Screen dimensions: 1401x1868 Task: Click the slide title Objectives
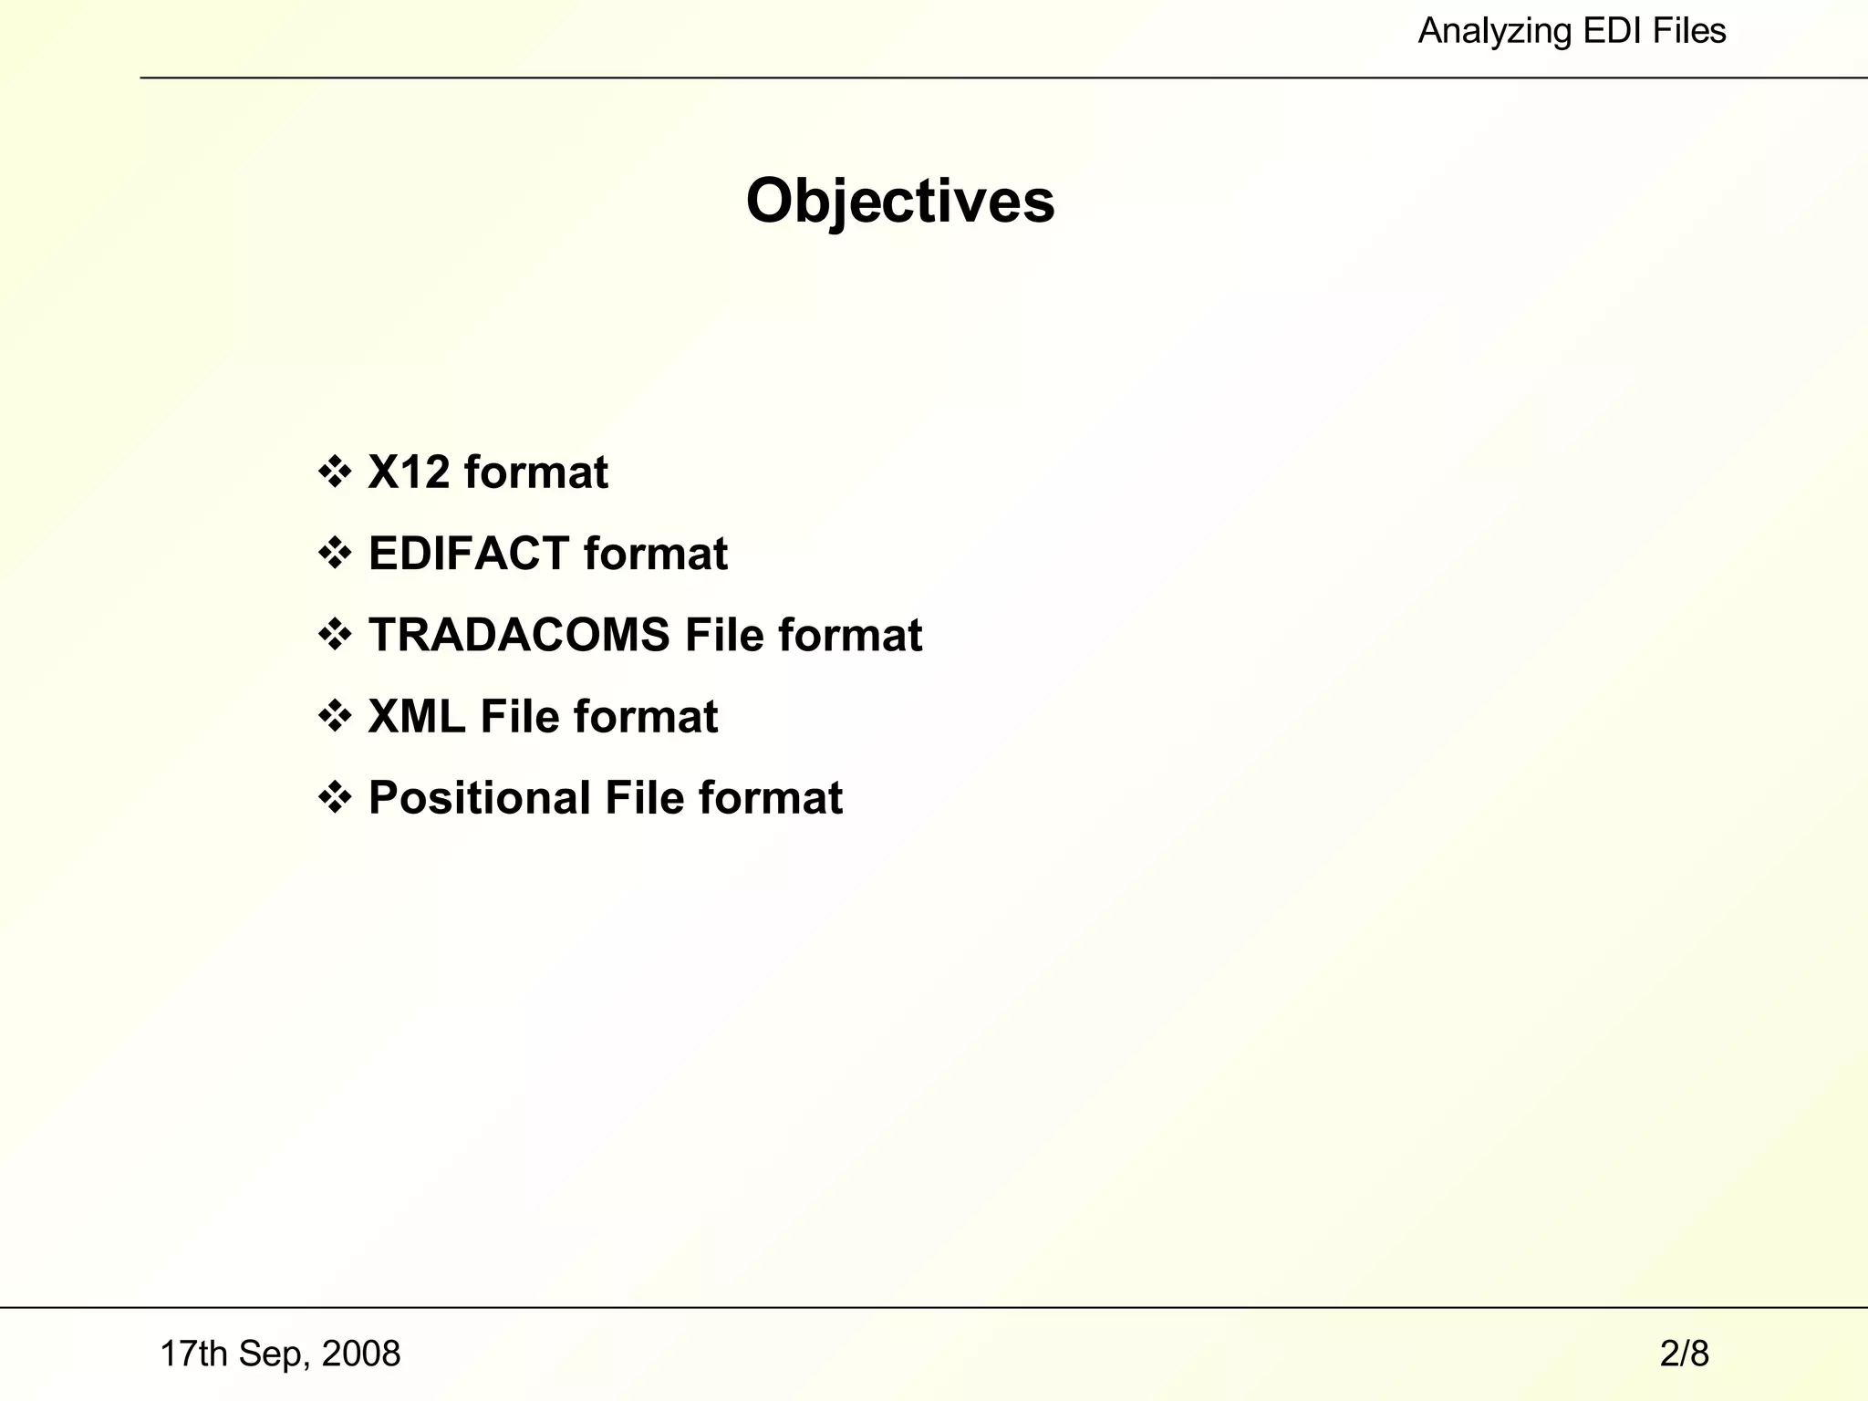click(900, 201)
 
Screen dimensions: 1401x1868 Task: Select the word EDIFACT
click(469, 554)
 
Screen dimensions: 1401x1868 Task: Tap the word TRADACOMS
click(519, 635)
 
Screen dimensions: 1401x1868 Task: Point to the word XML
click(417, 716)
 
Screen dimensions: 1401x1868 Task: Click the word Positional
click(480, 798)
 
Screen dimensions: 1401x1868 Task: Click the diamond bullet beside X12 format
click(335, 472)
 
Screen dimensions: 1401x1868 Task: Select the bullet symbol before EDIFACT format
click(335, 554)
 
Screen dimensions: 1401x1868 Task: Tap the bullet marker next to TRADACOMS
click(335, 635)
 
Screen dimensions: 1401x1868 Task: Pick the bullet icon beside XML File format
click(335, 716)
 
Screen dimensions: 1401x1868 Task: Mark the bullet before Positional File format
click(335, 798)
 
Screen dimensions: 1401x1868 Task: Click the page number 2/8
click(1684, 1354)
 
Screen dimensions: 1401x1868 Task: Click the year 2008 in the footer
click(361, 1354)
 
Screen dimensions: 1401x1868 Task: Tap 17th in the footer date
click(193, 1354)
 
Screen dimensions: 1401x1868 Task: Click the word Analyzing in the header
click(1494, 32)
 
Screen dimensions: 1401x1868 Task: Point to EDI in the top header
click(1610, 32)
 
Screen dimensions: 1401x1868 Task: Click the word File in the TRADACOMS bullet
click(724, 635)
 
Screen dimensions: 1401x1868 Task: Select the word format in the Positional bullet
click(771, 798)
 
